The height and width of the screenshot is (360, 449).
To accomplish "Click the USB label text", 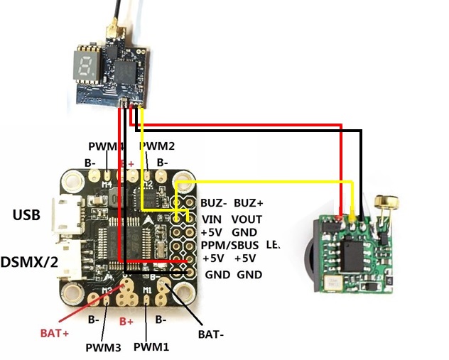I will tap(26, 214).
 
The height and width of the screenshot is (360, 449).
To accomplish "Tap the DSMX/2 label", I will tap(29, 262).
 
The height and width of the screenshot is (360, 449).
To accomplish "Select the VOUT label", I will tap(247, 219).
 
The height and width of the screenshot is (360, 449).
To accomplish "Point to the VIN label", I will tap(212, 219).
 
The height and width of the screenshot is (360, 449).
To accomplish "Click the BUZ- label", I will tap(214, 202).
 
